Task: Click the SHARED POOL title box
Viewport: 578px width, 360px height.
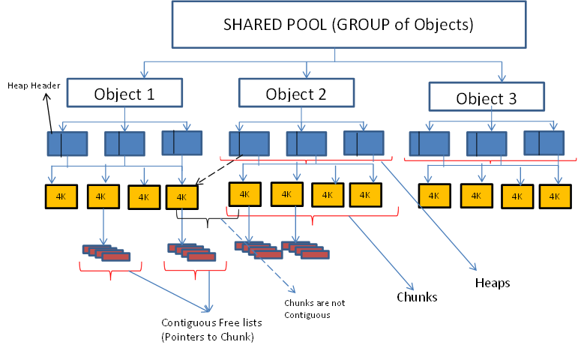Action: (x=348, y=25)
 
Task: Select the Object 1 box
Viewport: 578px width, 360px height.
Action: (x=125, y=94)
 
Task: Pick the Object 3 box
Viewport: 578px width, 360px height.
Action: (x=487, y=97)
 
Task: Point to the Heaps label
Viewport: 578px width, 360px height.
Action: (x=493, y=283)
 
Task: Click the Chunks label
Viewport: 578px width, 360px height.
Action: (x=417, y=297)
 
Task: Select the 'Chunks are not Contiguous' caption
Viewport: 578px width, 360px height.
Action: (x=314, y=308)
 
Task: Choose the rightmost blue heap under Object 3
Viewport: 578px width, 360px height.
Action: (x=544, y=142)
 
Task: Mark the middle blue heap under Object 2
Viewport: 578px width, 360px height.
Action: (x=306, y=143)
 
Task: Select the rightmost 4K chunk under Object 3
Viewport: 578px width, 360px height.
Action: (x=555, y=195)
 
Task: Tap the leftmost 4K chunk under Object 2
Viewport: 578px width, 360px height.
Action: (x=244, y=193)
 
